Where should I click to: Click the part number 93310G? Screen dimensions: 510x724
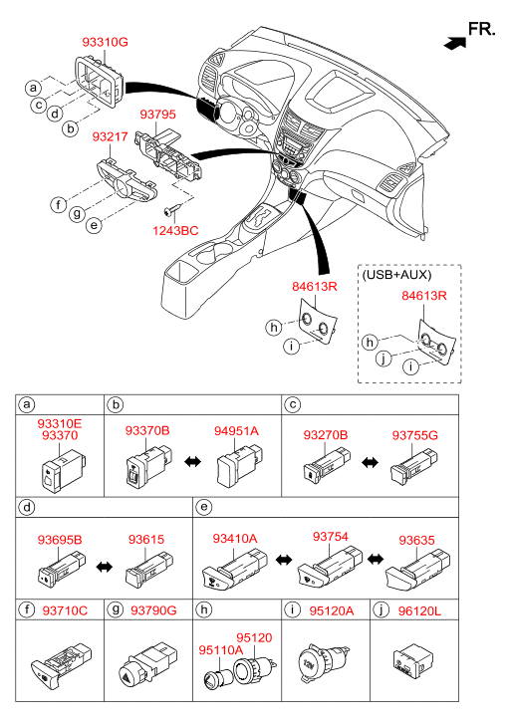point(105,42)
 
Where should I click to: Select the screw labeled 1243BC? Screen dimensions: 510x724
point(171,211)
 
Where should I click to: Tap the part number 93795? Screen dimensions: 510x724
point(158,115)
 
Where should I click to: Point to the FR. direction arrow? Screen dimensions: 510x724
point(454,43)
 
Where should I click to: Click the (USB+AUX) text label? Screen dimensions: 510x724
point(396,275)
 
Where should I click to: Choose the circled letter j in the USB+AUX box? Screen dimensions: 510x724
point(383,358)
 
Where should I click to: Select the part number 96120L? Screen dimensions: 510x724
point(419,610)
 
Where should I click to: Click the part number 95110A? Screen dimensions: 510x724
point(221,650)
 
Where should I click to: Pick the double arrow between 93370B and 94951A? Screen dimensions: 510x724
point(192,461)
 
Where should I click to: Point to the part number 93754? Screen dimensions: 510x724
point(331,537)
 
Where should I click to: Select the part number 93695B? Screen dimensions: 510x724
point(60,540)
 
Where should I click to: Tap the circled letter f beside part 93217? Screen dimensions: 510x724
point(58,203)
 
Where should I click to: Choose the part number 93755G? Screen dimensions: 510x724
point(414,435)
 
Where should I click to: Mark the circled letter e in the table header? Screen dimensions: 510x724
point(204,508)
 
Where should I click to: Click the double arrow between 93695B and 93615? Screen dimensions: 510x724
point(105,566)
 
